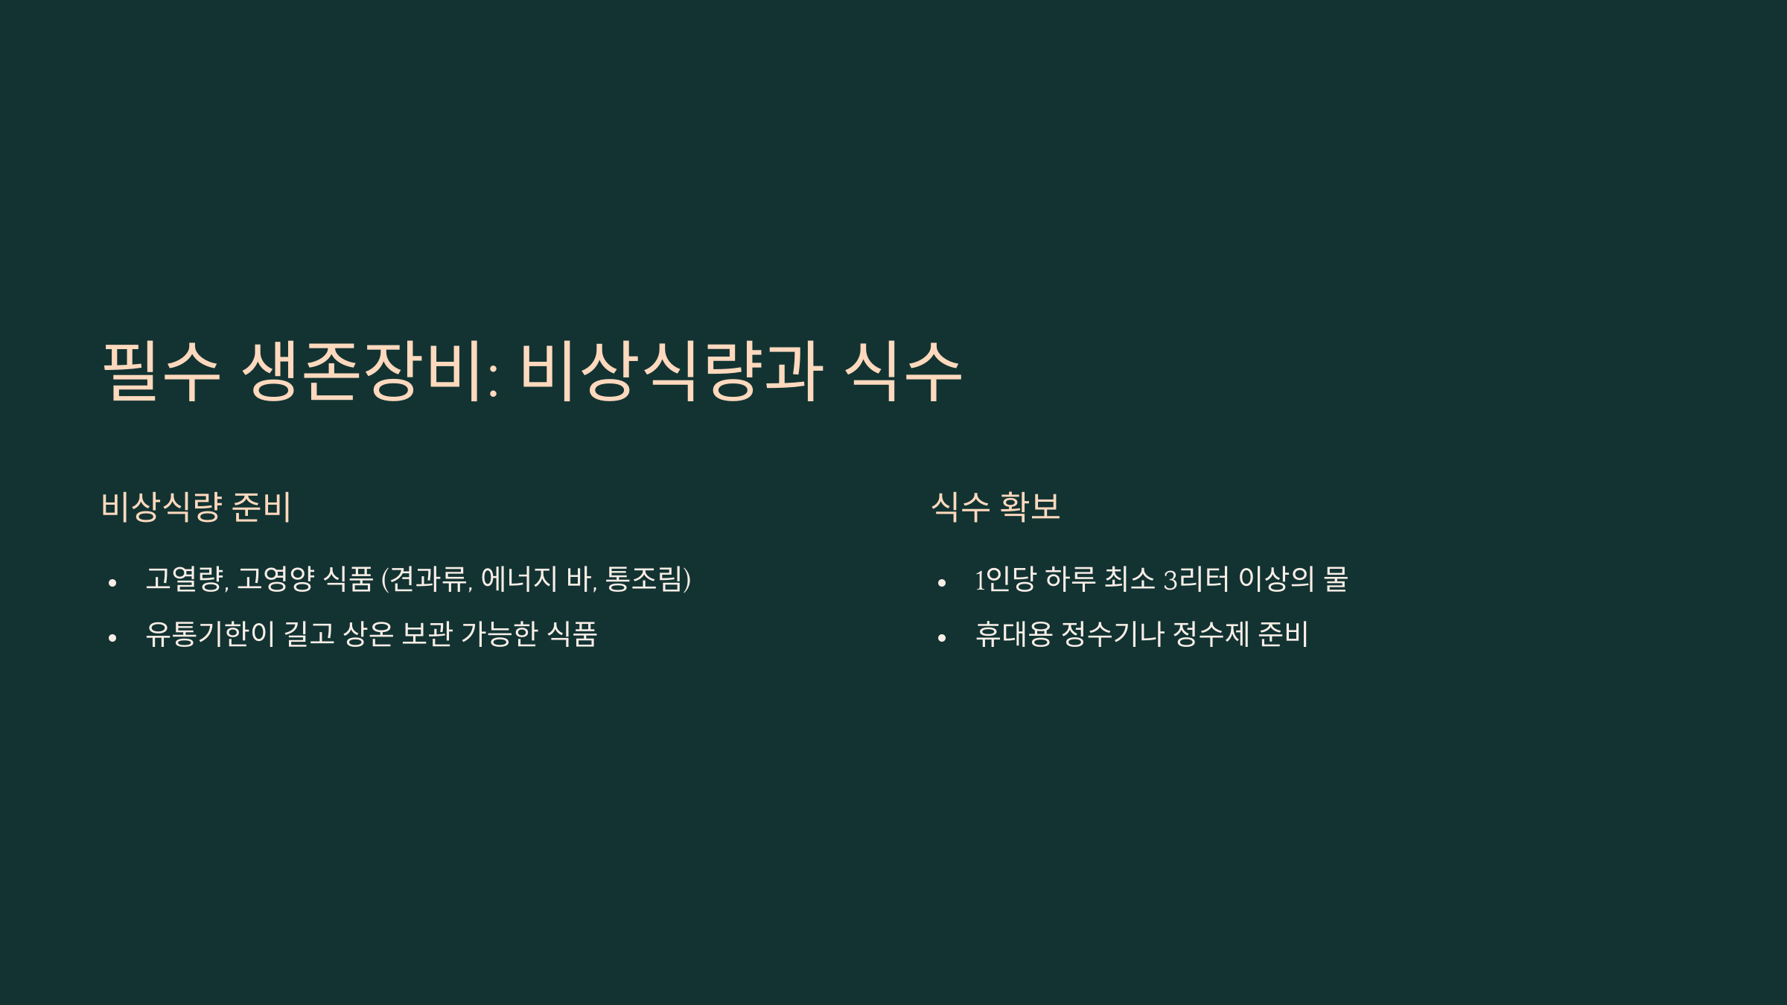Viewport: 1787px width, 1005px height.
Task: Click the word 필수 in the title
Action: click(161, 371)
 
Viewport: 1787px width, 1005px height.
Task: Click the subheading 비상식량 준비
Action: click(196, 507)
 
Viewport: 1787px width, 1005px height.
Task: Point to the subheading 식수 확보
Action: click(996, 507)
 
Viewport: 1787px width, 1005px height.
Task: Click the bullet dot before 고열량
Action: click(112, 583)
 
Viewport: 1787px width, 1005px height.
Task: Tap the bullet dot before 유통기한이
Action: click(112, 638)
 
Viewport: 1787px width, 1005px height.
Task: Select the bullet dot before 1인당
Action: click(942, 583)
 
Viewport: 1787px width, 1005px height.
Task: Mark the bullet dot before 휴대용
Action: click(942, 638)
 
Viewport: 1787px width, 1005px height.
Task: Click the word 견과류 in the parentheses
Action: click(429, 579)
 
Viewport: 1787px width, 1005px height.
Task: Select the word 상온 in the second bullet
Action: click(368, 634)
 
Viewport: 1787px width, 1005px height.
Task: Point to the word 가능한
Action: click(499, 634)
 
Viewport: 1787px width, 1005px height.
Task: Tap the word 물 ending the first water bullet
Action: click(1336, 579)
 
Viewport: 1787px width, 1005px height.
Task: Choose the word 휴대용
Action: click(1013, 634)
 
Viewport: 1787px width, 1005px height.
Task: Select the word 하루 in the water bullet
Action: click(1071, 579)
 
